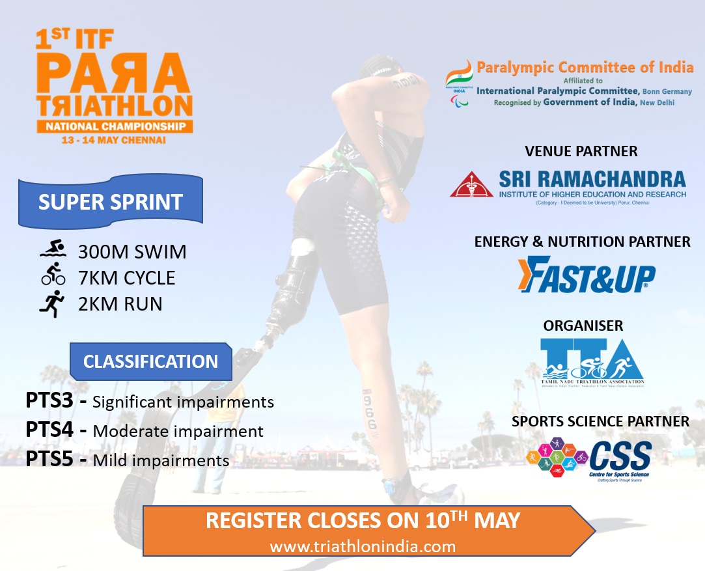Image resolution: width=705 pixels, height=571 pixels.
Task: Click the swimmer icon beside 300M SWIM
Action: click(53, 251)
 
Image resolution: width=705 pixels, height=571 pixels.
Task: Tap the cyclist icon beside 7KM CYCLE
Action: click(53, 277)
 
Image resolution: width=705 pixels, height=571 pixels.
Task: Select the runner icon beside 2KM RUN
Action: click(53, 303)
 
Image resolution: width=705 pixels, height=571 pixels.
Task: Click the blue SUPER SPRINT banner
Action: click(110, 201)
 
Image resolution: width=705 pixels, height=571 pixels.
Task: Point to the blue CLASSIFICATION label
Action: click(150, 362)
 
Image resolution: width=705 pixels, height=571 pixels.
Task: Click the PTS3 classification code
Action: click(49, 400)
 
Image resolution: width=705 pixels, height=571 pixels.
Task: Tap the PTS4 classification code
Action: click(49, 430)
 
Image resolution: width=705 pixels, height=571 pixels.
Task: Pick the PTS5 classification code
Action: click(49, 459)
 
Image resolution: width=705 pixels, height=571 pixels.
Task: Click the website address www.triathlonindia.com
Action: click(363, 546)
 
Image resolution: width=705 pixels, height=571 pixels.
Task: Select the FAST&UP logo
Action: click(586, 275)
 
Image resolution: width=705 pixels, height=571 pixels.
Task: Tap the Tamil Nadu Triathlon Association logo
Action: click(592, 363)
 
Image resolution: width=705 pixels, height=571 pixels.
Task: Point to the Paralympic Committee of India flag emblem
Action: click(459, 81)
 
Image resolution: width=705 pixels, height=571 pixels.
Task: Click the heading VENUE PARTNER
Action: click(581, 152)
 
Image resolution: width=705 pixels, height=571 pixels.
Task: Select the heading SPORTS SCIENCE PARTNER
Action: click(600, 422)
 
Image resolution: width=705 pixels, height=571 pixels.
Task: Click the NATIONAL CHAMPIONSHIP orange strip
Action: click(115, 126)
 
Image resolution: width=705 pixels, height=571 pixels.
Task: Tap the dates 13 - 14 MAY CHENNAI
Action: click(115, 140)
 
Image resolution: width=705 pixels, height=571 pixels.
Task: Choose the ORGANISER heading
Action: click(583, 325)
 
